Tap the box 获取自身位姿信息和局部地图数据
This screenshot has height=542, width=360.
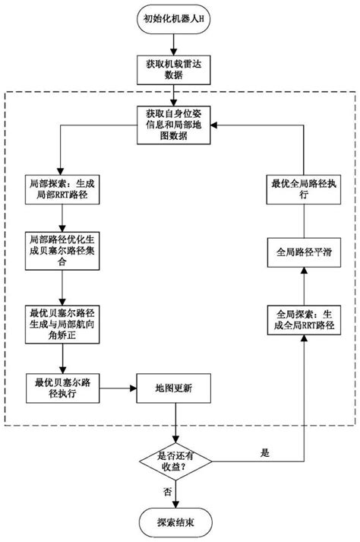[x=176, y=125]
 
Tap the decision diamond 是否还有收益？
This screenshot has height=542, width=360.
[x=175, y=460]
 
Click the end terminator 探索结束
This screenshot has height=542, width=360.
[x=175, y=523]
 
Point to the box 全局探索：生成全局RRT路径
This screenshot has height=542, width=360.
[x=302, y=320]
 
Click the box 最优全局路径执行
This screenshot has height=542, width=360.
[x=302, y=190]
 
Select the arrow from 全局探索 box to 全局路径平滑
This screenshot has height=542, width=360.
[x=302, y=286]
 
